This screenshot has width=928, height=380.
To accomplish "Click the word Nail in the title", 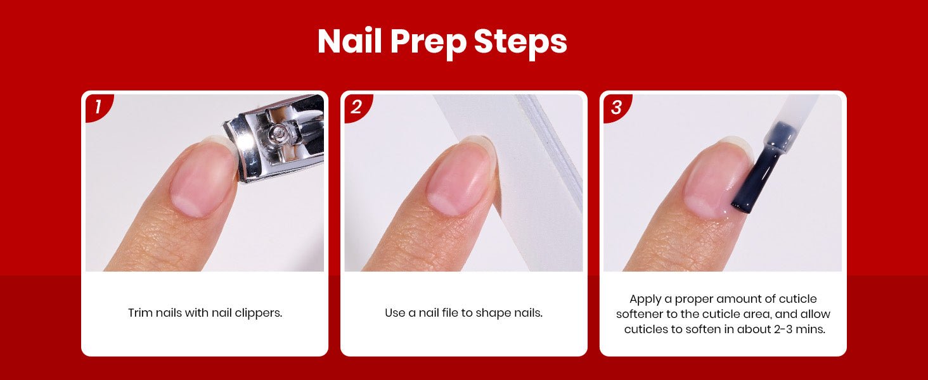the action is pyautogui.click(x=350, y=41).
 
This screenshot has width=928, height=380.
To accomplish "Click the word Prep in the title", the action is pyautogui.click(x=427, y=42).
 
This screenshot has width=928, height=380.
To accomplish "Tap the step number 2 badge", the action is pyautogui.click(x=357, y=107).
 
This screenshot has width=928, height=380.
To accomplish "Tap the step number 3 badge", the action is pyautogui.click(x=616, y=107).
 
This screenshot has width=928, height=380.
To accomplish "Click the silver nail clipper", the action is pyautogui.click(x=276, y=139).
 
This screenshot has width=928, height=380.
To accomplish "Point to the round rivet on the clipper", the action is pyautogui.click(x=277, y=132).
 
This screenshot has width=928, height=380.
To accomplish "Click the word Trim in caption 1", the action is pyautogui.click(x=140, y=313).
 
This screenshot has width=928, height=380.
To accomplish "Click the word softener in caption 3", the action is pyautogui.click(x=639, y=314).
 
